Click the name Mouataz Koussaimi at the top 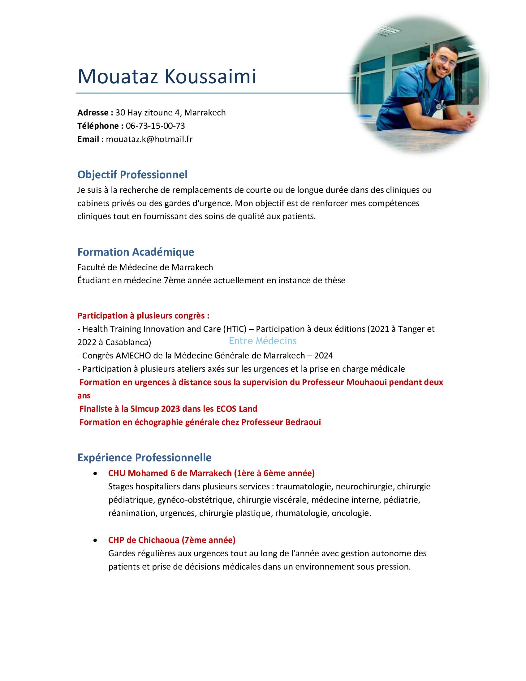167,76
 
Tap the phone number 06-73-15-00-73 155,126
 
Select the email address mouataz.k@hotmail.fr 149,139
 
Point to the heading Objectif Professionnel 132,175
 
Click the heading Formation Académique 136,252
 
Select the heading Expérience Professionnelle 144,458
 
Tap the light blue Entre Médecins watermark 263,341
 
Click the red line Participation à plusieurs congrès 143,315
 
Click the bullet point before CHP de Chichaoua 95,540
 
